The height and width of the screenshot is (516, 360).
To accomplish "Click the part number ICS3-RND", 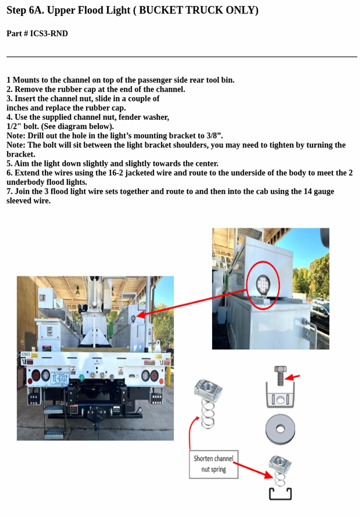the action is pyautogui.click(x=49, y=33).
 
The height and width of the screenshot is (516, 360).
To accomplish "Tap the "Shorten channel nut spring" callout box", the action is pyautogui.click(x=213, y=464).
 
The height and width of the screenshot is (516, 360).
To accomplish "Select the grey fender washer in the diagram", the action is pyautogui.click(x=280, y=429).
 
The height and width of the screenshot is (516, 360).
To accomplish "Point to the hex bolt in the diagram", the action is pyautogui.click(x=280, y=375).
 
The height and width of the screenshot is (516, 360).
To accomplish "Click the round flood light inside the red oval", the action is pyautogui.click(x=263, y=283).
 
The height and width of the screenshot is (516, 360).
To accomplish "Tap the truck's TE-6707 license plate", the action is pyautogui.click(x=60, y=378).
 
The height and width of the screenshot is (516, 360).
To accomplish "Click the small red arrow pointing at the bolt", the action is pyautogui.click(x=293, y=377).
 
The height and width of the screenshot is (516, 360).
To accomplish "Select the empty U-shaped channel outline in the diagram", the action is pyautogui.click(x=280, y=494).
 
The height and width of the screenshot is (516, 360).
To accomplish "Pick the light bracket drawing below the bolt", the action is pyautogui.click(x=280, y=397).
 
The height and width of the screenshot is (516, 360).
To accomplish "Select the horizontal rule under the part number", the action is pyautogui.click(x=182, y=57).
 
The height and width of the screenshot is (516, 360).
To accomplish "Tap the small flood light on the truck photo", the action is pyautogui.click(x=133, y=318).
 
